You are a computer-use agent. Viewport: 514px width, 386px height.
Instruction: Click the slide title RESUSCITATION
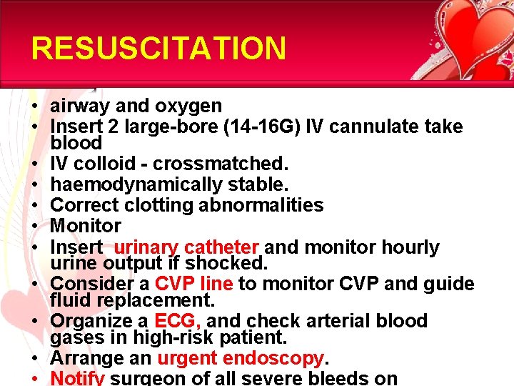[x=158, y=49]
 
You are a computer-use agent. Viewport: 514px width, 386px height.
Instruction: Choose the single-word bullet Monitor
[x=86, y=226]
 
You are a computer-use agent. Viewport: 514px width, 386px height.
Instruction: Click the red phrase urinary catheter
[x=186, y=247]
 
